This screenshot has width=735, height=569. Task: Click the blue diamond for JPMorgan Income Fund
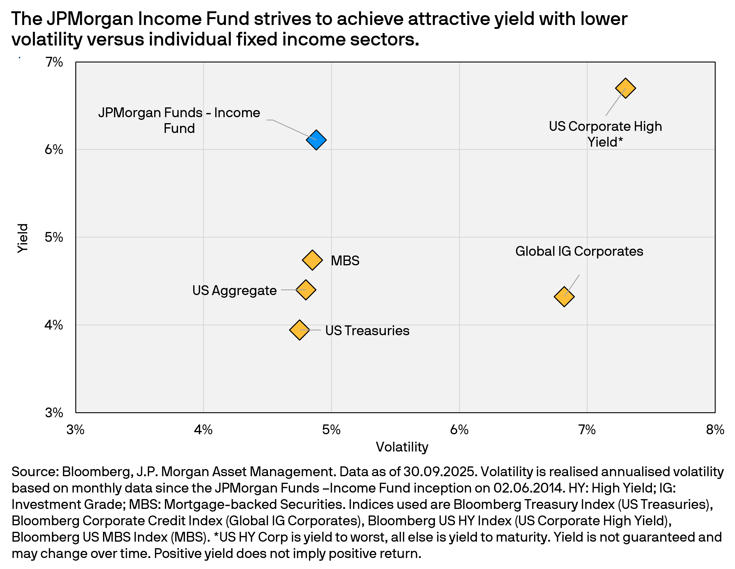tap(316, 139)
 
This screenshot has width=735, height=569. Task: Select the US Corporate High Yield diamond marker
tap(625, 88)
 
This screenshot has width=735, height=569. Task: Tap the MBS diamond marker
tap(312, 260)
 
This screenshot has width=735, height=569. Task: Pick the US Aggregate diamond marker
tap(305, 289)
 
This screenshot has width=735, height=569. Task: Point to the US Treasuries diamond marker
tap(299, 330)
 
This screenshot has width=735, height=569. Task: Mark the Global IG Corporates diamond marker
tap(564, 297)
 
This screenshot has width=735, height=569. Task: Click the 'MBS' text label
tap(345, 261)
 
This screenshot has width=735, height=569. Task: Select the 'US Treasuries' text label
tap(367, 330)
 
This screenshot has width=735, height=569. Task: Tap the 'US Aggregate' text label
tap(234, 290)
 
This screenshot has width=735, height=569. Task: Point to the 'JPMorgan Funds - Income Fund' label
tap(179, 120)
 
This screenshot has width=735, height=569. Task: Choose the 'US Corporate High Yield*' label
tap(605, 134)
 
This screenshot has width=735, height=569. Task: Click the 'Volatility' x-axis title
tap(402, 447)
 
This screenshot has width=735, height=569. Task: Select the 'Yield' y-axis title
tap(23, 238)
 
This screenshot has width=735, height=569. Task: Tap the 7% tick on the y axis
tap(54, 62)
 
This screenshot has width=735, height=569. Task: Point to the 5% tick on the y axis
tap(54, 237)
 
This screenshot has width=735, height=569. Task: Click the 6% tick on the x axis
tap(459, 430)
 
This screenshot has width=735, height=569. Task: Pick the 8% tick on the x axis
tap(715, 430)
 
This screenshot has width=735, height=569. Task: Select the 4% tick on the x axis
tap(203, 430)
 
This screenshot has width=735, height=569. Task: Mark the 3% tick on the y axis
tap(54, 413)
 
